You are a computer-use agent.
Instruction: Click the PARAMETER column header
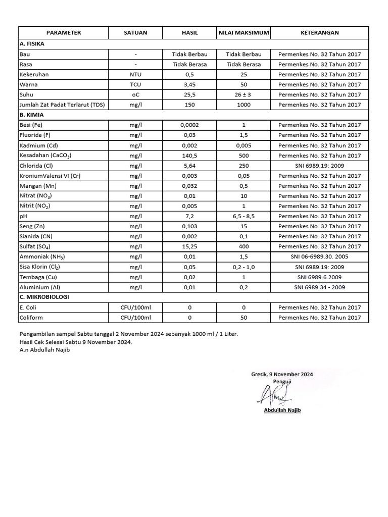(x=63, y=33)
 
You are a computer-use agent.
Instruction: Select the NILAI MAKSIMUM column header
(x=244, y=33)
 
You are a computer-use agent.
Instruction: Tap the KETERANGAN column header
(x=319, y=33)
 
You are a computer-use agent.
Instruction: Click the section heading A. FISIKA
(x=32, y=44)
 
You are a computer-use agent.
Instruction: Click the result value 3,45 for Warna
(x=189, y=84)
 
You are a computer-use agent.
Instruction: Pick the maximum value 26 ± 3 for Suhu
(x=244, y=94)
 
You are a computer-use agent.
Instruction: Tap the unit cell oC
(x=135, y=94)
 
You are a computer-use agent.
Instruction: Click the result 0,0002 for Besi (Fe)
(x=189, y=125)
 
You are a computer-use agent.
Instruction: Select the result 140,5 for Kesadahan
(x=189, y=156)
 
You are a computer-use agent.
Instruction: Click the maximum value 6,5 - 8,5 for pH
(x=244, y=216)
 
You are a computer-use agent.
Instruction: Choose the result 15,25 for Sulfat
(x=189, y=246)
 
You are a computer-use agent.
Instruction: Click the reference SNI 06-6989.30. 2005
(x=319, y=256)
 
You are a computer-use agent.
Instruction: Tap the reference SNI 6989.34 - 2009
(x=319, y=287)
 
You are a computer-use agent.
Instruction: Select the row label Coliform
(x=31, y=318)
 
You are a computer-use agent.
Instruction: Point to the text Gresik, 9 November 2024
(x=282, y=374)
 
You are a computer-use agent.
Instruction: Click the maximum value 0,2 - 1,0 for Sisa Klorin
(x=244, y=267)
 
